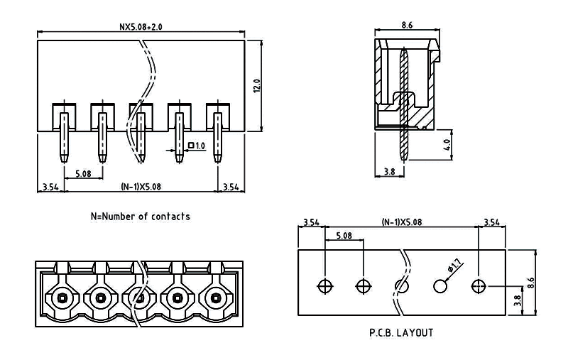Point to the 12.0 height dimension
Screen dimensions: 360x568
pos(258,85)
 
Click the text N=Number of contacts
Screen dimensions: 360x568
pos(140,216)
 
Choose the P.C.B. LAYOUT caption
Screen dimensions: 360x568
pos(401,332)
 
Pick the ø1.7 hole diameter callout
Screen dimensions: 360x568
pos(455,268)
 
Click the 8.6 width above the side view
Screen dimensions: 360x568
pos(407,25)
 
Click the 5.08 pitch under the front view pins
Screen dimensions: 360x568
pos(82,173)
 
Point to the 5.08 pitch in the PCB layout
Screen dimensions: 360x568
pos(344,235)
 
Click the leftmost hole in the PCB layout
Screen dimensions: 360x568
pos(325,286)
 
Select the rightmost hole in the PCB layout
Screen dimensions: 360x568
pos(479,286)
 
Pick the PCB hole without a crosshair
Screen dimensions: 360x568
pos(440,286)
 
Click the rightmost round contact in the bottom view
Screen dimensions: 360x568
pos(215,298)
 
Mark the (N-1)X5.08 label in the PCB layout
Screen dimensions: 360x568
pos(402,222)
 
